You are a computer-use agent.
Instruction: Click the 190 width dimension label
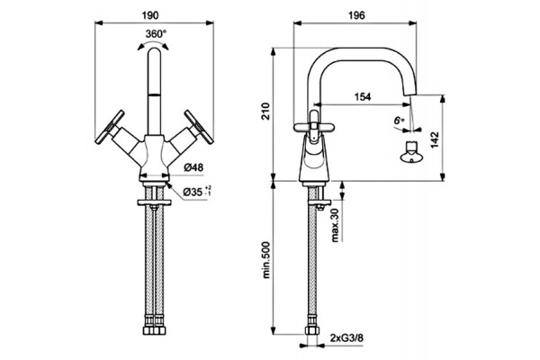pos(150,15)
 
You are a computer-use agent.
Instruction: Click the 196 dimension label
pos(356,15)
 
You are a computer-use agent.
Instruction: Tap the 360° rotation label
pos(156,34)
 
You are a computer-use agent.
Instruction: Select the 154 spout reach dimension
pos(363,97)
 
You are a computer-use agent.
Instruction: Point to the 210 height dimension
pos(266,111)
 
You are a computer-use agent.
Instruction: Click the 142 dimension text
pos(435,139)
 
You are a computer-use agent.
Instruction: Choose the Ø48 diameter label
pos(193,167)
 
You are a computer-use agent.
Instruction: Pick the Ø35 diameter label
pos(197,192)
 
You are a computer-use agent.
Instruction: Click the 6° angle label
pos(399,121)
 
